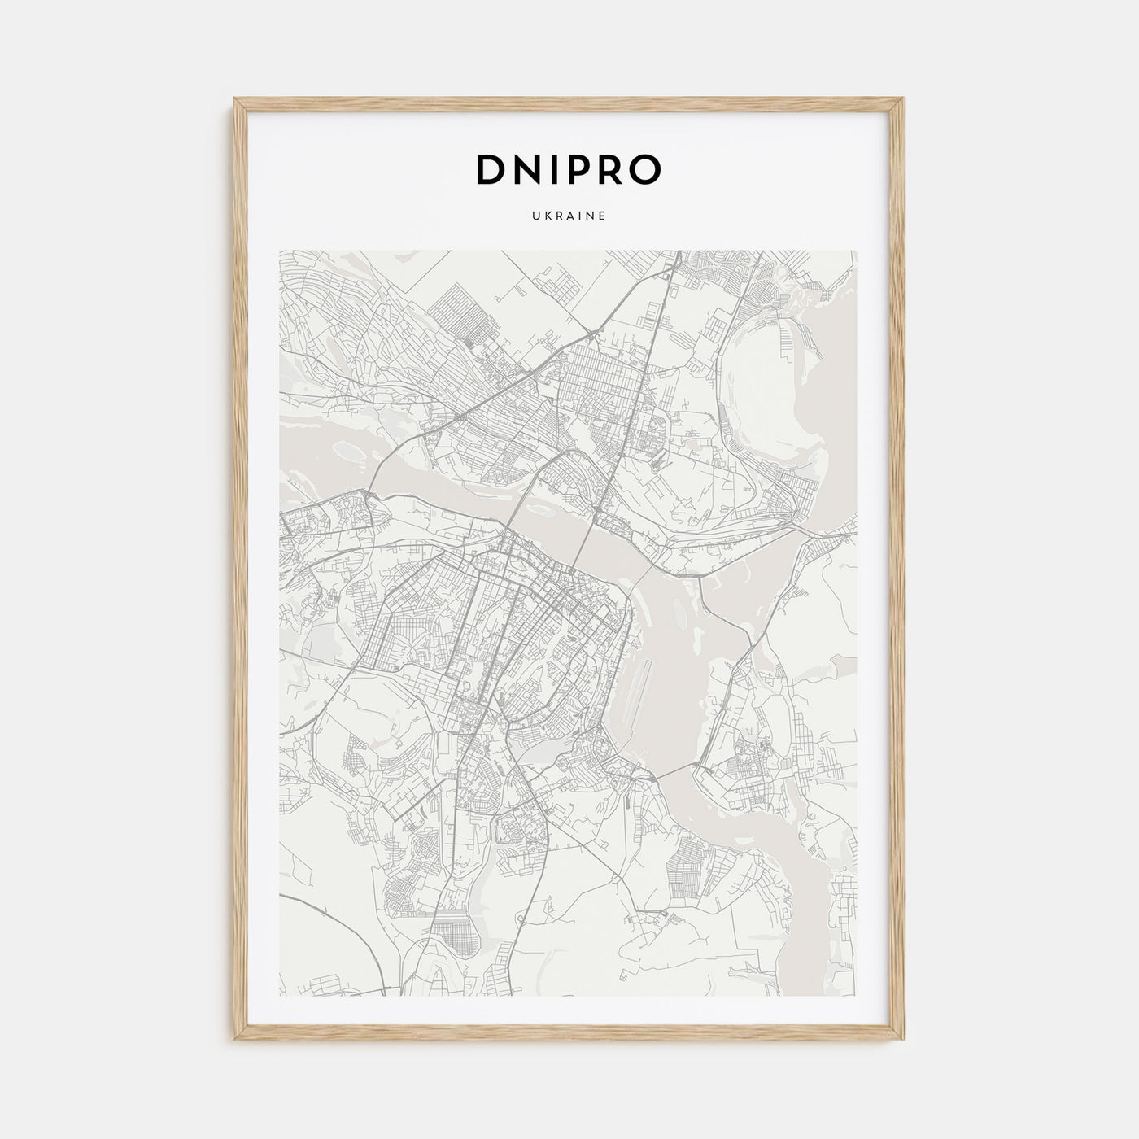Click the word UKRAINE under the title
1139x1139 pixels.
pos(569,216)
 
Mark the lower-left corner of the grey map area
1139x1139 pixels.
pos(280,995)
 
